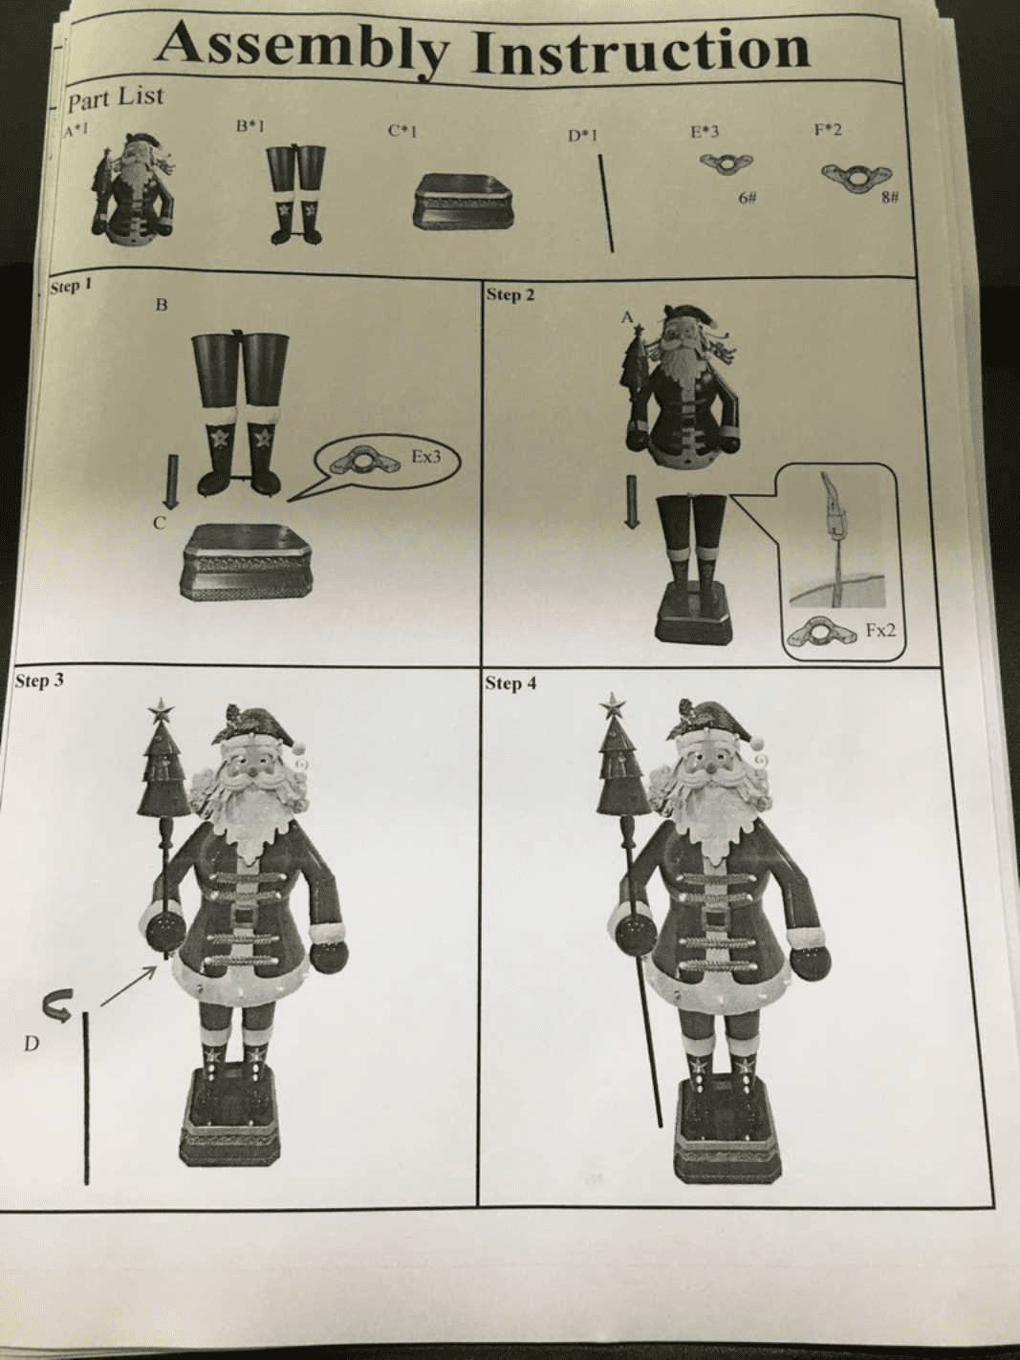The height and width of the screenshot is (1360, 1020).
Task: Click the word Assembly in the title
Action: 301,46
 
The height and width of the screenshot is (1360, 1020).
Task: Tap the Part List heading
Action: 116,99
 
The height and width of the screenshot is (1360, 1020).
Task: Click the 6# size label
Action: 748,198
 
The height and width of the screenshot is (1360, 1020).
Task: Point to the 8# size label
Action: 891,198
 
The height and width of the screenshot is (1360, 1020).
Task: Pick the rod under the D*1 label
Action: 606,204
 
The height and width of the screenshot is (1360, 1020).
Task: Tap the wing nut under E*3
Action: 727,163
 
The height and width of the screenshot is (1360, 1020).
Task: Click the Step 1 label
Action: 72,287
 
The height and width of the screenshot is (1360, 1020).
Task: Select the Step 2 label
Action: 510,294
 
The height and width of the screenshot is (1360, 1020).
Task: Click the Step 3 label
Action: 39,680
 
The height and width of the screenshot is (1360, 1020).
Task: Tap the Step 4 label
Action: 510,683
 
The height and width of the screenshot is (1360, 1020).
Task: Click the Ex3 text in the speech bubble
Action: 426,457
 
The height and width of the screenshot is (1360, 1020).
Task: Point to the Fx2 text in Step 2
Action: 879,631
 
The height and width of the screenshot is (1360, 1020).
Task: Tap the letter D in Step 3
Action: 31,1045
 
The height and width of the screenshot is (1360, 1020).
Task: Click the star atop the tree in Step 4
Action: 615,705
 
